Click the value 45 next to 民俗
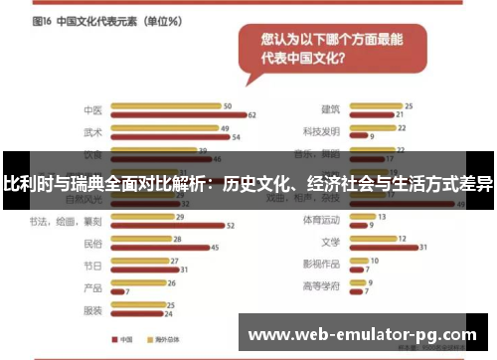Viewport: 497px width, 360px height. tap(217, 248)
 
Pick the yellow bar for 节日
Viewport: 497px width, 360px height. tap(141, 261)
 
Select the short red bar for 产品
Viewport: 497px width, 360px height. tap(117, 291)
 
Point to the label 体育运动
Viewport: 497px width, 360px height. tap(323, 220)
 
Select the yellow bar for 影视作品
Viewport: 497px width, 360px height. tap(359, 261)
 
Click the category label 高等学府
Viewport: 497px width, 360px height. tap(323, 286)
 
